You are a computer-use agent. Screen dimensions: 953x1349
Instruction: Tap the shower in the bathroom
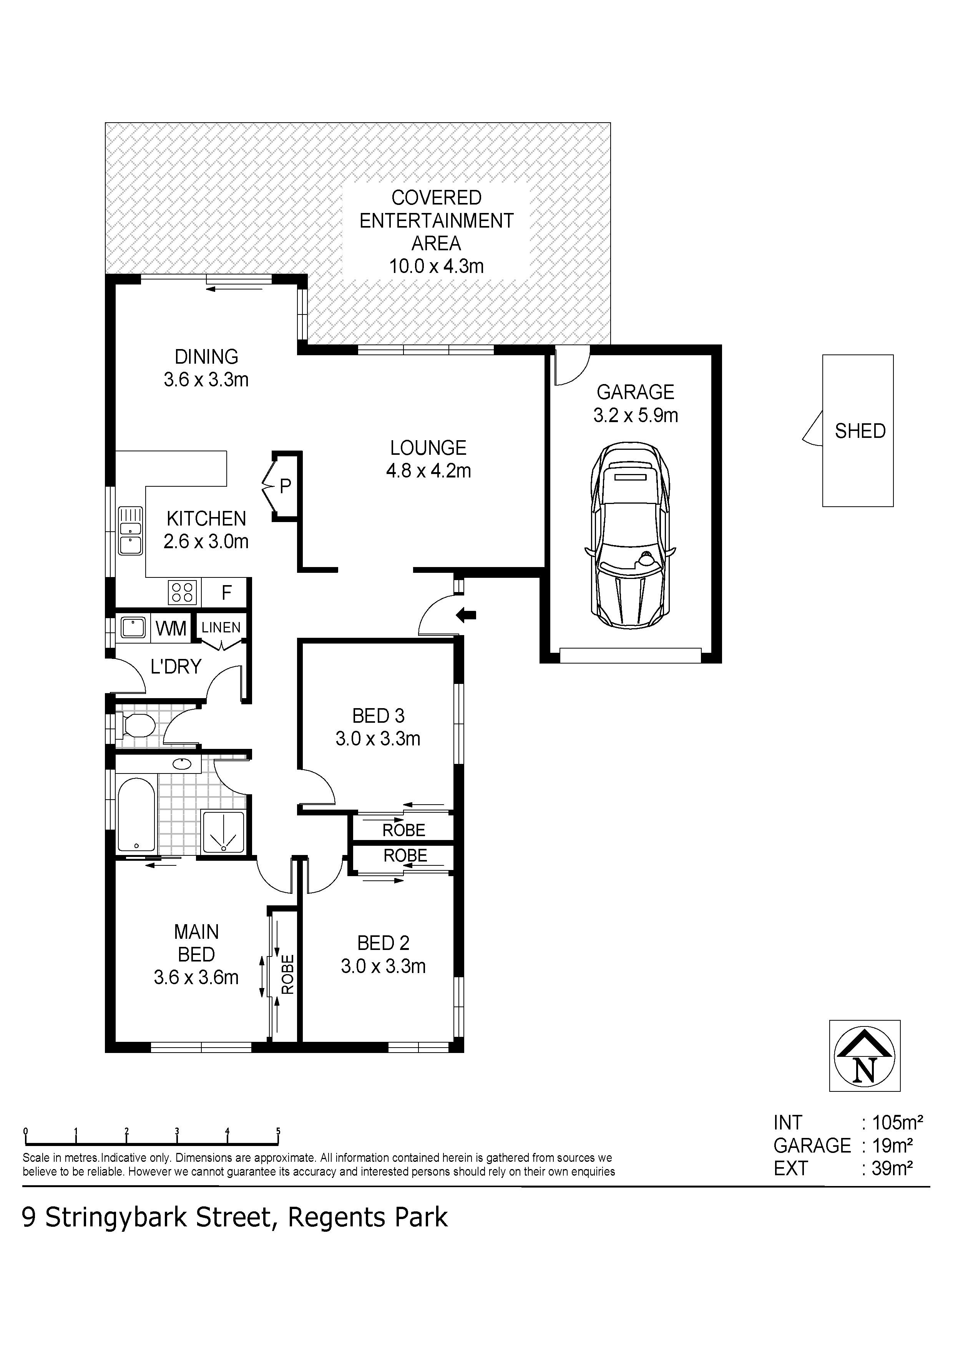coord(222,831)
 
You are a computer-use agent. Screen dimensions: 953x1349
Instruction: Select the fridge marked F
coord(226,592)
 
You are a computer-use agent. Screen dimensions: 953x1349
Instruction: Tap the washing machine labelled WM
coord(171,628)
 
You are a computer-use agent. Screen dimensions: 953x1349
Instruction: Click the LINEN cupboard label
coord(221,627)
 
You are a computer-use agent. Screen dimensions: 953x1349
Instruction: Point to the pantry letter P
coord(286,486)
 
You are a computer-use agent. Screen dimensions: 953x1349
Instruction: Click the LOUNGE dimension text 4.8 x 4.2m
coord(428,471)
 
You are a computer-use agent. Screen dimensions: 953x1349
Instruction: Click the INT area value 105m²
coord(897,1123)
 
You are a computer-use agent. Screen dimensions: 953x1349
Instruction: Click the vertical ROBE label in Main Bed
coord(287,974)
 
